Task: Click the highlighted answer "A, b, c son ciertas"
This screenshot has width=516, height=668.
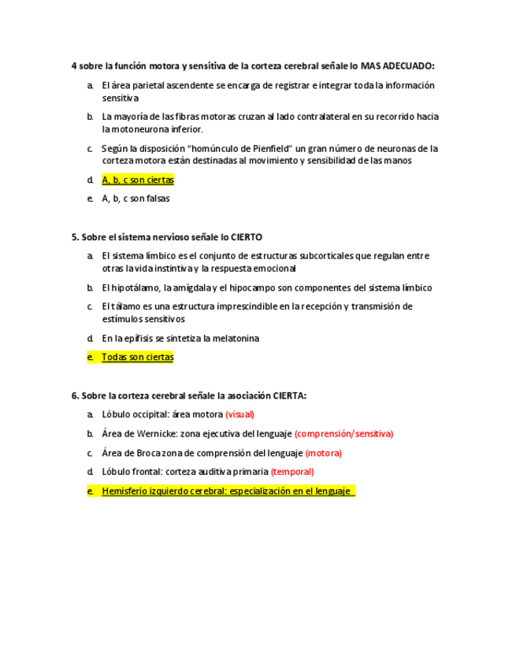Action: (138, 180)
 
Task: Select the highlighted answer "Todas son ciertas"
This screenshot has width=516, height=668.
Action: (138, 357)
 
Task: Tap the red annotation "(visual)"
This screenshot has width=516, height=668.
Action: (239, 414)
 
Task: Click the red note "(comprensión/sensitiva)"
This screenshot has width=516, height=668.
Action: (343, 433)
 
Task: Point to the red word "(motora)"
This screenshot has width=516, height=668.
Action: (323, 453)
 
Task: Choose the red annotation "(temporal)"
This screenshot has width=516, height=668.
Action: (292, 472)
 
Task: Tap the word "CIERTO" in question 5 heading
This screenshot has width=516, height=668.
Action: (246, 236)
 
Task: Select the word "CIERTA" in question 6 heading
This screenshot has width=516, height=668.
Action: (288, 395)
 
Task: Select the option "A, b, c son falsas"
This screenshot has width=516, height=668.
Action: (135, 199)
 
